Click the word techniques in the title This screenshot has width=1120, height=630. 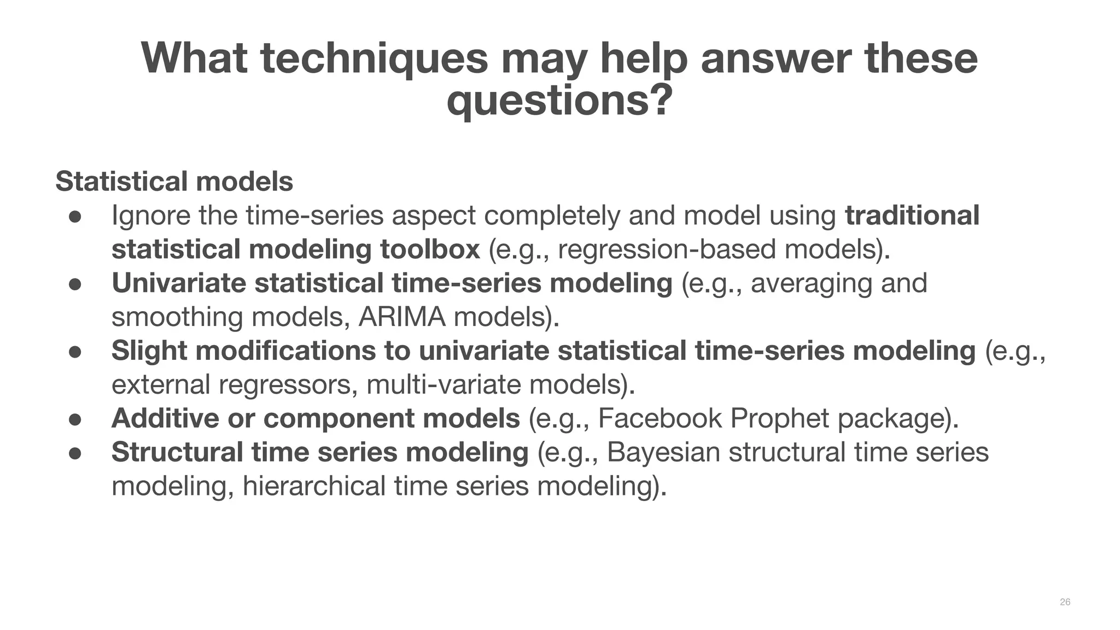pos(374,59)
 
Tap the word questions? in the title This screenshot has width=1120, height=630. pos(559,101)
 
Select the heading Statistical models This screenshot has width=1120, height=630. pos(174,182)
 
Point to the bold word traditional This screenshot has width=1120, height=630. pos(912,215)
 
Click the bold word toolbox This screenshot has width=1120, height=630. pos(430,249)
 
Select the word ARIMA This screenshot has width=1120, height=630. pos(402,317)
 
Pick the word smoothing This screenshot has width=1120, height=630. pos(177,317)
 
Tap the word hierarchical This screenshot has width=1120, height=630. pos(314,486)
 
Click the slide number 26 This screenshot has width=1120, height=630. pos(1065,602)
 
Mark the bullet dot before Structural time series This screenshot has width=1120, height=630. pos(75,453)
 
